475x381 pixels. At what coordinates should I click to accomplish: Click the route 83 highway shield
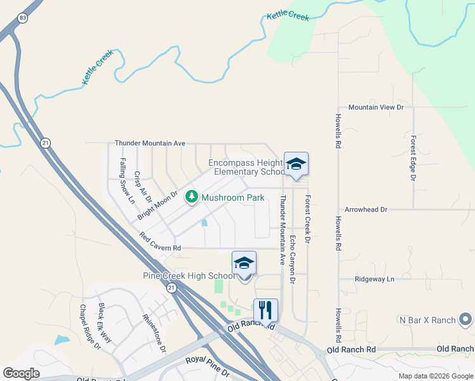point(23,18)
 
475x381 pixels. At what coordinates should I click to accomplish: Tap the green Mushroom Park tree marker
point(191,197)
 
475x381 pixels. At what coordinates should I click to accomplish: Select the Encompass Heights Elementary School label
point(248,168)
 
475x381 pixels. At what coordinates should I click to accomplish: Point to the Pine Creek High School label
point(189,276)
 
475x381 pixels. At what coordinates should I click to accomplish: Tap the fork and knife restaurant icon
point(265,311)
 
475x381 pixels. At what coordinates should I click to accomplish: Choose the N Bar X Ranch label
point(427,320)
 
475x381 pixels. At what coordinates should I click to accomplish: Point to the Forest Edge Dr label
point(413,158)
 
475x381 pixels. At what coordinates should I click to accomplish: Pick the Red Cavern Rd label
point(161,242)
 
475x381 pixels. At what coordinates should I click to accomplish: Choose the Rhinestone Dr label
point(154,333)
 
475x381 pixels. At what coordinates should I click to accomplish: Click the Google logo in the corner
point(22,373)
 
